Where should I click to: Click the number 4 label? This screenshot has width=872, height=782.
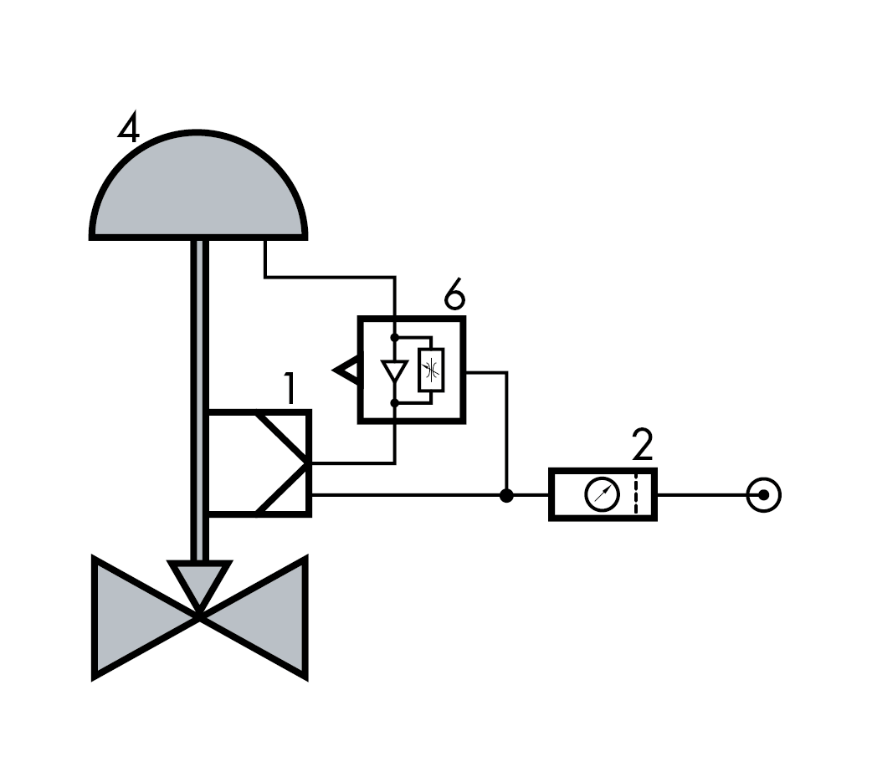tap(129, 128)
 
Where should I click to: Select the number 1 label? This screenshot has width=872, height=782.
tap(290, 389)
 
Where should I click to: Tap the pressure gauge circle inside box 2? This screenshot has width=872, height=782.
tap(603, 493)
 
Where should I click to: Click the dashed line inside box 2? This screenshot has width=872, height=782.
tap(636, 494)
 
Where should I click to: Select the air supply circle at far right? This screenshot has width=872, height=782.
tap(763, 494)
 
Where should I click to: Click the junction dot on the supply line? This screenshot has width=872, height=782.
tap(506, 495)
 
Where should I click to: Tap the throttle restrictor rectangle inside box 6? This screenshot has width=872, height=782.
tap(431, 370)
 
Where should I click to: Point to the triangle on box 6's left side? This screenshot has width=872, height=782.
tap(347, 370)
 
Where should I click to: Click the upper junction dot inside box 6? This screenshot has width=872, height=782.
tap(394, 337)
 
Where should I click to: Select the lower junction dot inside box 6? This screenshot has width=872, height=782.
tap(394, 402)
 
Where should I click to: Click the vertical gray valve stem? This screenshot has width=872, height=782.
tap(199, 400)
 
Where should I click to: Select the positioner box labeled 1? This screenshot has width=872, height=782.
tap(259, 463)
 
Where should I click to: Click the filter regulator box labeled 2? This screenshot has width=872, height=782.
tap(603, 494)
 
